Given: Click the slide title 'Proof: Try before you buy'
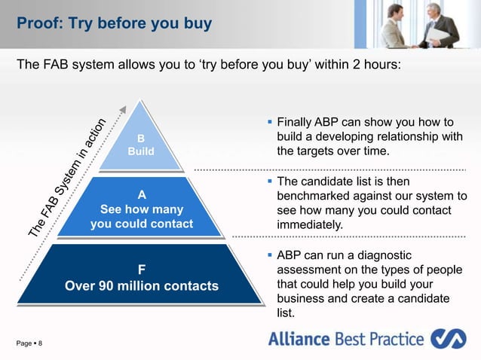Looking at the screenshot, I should coord(114,23).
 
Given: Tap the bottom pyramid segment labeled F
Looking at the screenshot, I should coord(141,276).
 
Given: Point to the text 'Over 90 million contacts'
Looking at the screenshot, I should coord(141,285).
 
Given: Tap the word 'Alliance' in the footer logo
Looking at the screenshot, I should coord(299,339).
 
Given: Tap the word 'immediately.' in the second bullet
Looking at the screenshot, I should coord(310,224).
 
